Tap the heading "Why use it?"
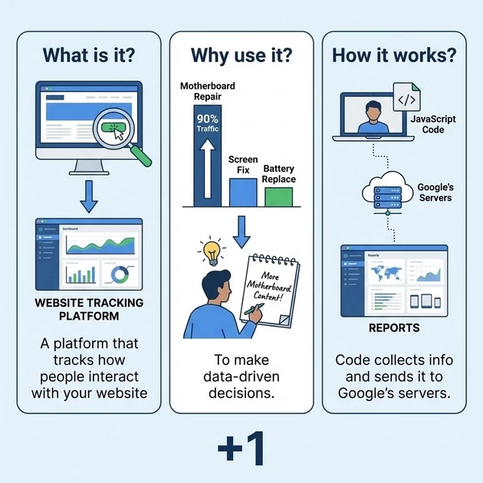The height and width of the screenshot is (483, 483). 241,55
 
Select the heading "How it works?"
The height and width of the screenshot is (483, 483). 393,55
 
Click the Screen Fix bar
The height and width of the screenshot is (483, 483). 243,192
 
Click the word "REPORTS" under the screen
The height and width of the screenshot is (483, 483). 394,327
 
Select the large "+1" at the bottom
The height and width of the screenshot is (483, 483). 241,449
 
